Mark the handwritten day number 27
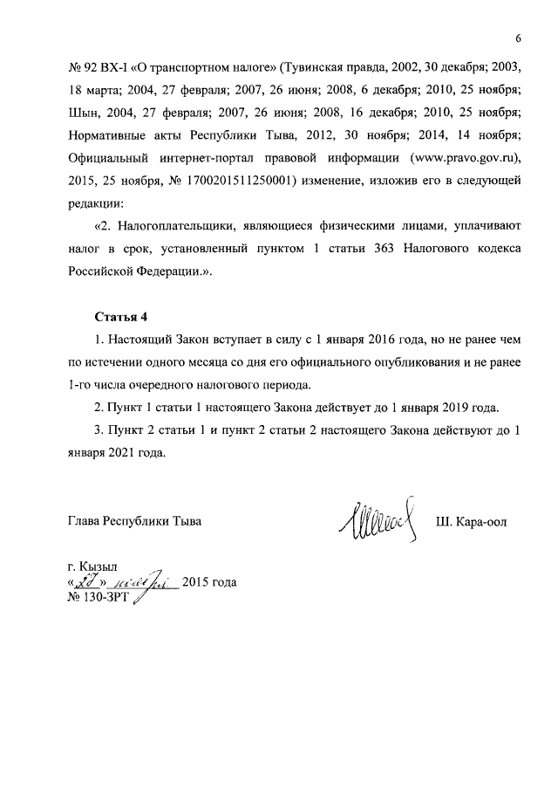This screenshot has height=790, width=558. pos(88,581)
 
